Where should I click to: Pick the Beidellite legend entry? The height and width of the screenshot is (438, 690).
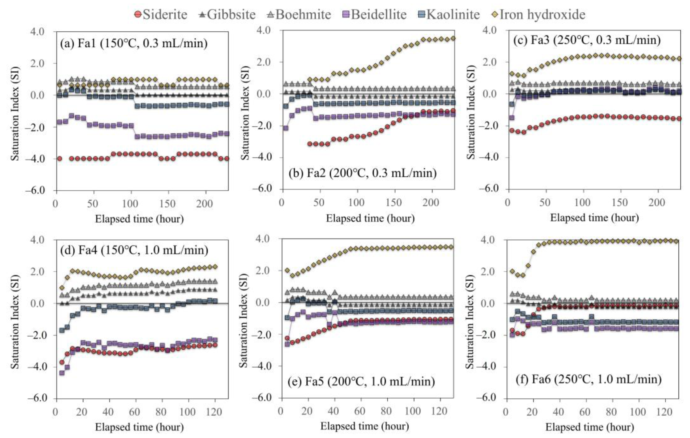[375, 14]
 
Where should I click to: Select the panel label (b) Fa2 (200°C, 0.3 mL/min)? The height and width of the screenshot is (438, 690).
[363, 173]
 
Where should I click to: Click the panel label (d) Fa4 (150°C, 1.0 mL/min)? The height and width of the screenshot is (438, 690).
[134, 250]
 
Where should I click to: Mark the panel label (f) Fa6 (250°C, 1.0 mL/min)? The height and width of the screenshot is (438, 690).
[589, 379]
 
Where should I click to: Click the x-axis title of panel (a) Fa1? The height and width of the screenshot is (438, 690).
[139, 219]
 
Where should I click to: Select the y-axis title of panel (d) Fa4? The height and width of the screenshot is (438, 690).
[15, 321]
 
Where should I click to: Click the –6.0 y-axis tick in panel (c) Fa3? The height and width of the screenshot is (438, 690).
[491, 189]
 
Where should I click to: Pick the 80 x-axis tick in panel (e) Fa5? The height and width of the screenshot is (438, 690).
[386, 411]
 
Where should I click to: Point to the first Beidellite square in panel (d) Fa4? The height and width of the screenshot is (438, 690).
[62, 373]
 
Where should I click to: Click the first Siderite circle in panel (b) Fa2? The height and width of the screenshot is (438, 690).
[310, 144]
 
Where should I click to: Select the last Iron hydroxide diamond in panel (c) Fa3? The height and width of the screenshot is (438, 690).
[678, 59]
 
